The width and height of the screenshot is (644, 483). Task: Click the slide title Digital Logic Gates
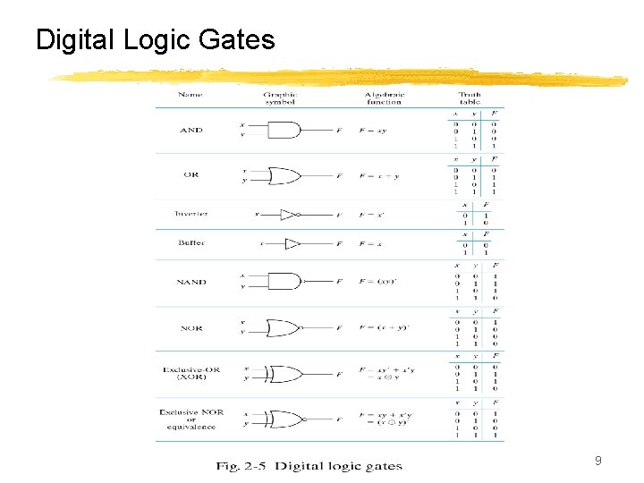coord(155,40)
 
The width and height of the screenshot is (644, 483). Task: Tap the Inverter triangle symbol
coord(288,215)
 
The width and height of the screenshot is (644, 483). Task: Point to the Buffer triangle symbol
coord(292,243)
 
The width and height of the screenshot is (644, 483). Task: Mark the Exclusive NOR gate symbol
coord(287,419)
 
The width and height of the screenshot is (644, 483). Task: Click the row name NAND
coord(191,282)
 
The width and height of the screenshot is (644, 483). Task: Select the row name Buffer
coord(191,243)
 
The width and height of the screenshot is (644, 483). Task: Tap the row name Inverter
coord(191,214)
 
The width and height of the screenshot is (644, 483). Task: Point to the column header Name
coord(190,95)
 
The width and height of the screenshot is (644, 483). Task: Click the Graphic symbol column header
coord(280,98)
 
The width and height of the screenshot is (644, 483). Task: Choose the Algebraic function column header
coord(384,98)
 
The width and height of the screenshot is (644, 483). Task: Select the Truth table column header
coord(470,98)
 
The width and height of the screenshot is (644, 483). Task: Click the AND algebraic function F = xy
coord(373,131)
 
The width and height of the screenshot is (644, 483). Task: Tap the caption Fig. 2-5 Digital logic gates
coord(309,465)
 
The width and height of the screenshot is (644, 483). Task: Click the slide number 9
coord(597,462)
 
